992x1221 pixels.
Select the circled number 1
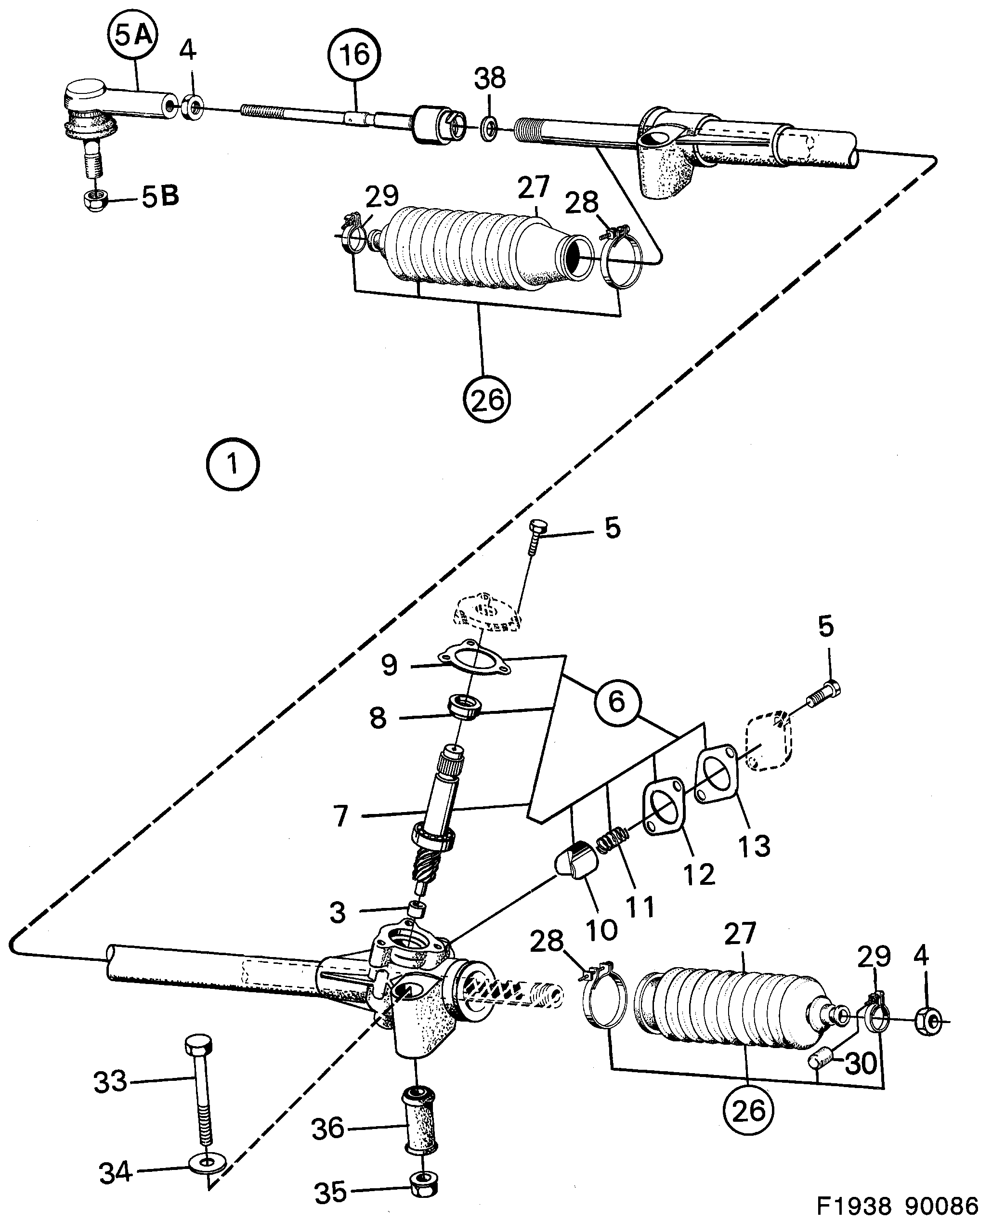click(233, 464)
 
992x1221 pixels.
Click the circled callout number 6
click(616, 701)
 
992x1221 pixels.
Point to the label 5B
click(160, 197)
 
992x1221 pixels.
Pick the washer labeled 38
click(489, 128)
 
